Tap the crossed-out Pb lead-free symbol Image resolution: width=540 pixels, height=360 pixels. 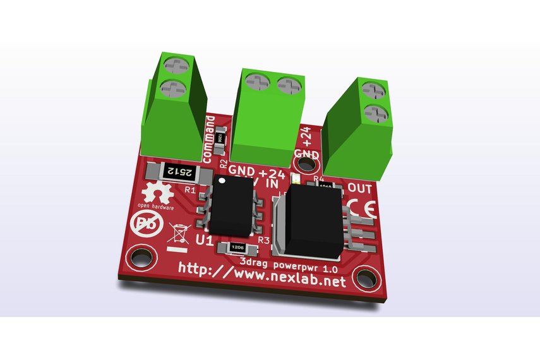click(143, 225)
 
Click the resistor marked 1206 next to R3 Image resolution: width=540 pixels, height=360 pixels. click(237, 248)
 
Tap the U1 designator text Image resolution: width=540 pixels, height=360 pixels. click(204, 241)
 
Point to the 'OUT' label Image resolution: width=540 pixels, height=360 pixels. click(360, 188)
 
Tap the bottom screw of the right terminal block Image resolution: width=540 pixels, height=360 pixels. click(376, 114)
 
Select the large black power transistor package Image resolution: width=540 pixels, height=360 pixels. click(310, 219)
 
